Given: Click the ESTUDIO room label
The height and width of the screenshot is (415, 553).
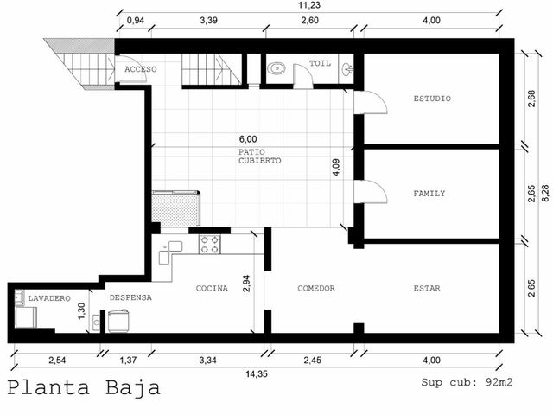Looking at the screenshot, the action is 432,99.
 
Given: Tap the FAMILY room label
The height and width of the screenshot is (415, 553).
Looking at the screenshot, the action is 429,194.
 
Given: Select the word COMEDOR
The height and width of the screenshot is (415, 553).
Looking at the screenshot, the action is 316,288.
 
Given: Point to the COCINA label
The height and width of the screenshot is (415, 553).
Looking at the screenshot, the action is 212,288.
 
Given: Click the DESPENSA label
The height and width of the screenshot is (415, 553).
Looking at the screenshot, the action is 130,297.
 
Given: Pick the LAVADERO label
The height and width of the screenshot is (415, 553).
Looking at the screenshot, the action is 49,298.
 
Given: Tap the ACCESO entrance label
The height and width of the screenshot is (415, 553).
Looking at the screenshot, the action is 140,69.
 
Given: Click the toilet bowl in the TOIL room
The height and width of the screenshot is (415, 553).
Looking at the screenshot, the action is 276,68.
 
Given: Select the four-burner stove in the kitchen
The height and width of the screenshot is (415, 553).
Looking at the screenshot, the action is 210,245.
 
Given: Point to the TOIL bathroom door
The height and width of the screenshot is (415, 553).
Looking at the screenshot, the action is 303,76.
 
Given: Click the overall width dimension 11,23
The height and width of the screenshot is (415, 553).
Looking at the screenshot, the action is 309,5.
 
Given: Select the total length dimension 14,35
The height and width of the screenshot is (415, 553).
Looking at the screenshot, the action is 257,373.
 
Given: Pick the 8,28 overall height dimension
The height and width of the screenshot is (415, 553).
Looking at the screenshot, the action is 545,193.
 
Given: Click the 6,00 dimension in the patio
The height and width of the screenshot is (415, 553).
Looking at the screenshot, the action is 248,139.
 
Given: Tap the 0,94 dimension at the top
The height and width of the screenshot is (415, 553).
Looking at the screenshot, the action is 136,20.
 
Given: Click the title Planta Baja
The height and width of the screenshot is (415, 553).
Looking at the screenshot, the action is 84,387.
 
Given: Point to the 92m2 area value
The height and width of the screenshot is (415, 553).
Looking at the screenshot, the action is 499,382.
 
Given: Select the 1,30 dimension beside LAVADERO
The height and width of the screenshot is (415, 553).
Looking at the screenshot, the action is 81,311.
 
